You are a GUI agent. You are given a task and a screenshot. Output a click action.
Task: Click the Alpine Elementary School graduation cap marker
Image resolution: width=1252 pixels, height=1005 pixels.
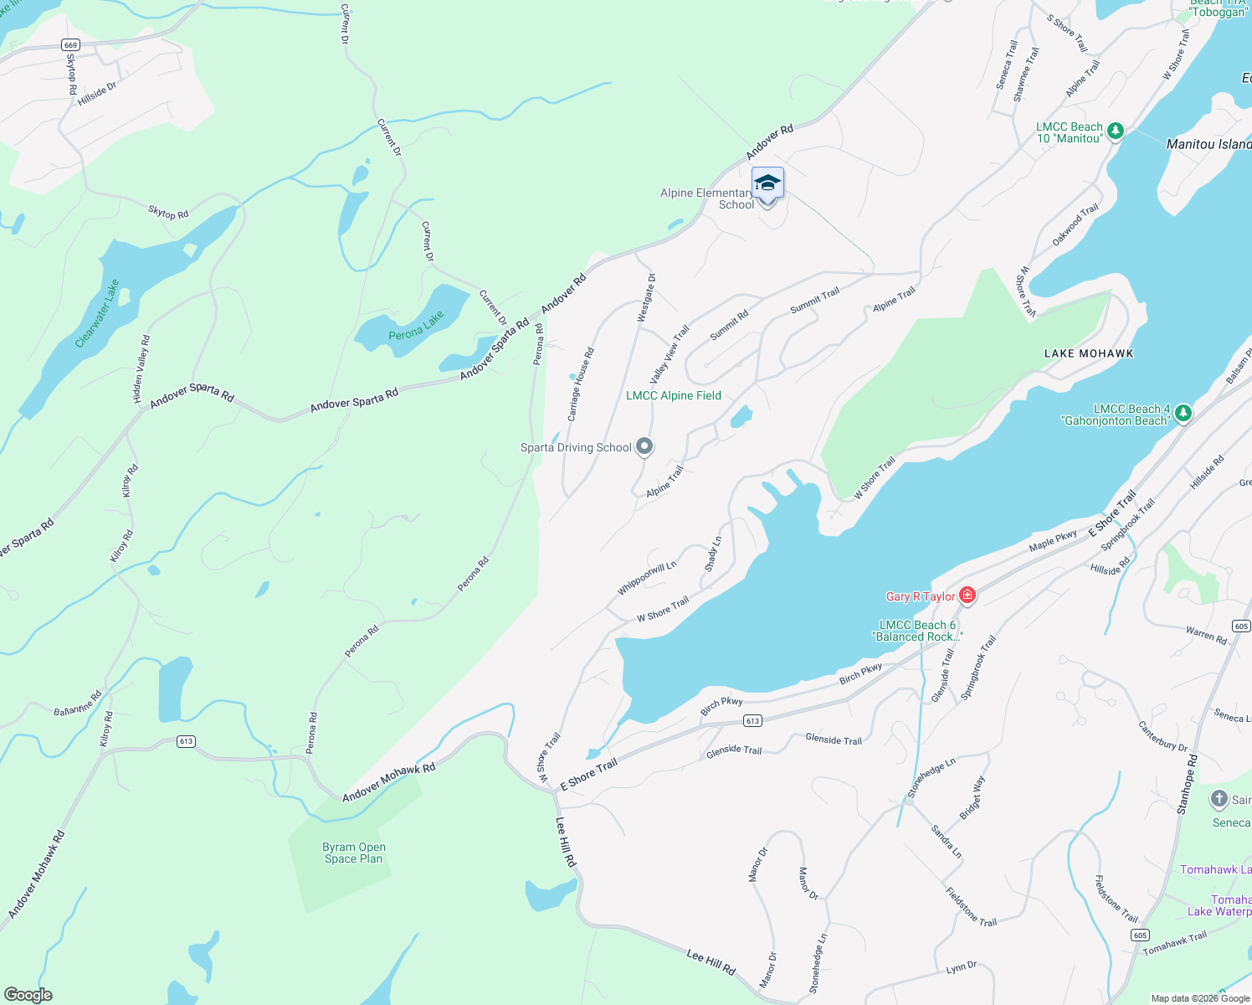[767, 183]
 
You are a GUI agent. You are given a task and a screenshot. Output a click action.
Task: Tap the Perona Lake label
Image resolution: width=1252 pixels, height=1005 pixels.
[416, 326]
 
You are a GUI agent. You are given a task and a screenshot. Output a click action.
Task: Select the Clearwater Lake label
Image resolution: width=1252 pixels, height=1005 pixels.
[98, 313]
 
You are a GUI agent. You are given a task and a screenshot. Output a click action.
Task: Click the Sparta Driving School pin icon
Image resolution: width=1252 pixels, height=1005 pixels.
[644, 446]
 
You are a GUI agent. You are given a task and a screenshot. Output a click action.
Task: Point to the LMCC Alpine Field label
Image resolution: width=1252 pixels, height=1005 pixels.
[674, 395]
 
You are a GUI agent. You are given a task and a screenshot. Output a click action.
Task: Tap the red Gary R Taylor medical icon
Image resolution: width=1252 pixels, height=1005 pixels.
[967, 595]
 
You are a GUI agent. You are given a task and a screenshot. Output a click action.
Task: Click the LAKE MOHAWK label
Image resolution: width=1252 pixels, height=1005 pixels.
[1089, 353]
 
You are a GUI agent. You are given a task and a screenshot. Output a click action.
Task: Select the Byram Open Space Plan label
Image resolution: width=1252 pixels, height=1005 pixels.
[354, 853]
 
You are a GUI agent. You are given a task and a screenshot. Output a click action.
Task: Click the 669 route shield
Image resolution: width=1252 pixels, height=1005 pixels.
[70, 45]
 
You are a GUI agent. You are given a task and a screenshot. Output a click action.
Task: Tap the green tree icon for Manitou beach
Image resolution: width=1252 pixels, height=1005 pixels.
[1115, 131]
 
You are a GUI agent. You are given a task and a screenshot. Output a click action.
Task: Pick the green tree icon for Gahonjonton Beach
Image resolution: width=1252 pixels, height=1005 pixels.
[1183, 412]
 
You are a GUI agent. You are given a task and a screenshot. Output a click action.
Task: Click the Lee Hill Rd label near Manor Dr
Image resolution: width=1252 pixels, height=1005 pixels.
[711, 961]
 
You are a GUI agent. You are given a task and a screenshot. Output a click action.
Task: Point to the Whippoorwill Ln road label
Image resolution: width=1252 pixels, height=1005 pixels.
[647, 578]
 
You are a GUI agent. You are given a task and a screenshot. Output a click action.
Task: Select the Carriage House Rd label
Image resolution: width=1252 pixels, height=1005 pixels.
[581, 384]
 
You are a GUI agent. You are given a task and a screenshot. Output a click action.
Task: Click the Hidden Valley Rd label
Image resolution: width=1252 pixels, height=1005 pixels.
[142, 369]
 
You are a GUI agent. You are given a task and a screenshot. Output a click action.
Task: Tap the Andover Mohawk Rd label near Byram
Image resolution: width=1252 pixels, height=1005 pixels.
[389, 782]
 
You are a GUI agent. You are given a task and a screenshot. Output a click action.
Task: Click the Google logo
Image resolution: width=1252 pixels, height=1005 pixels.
[28, 995]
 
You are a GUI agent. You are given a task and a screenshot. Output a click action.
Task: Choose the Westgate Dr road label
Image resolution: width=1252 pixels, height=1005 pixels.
[646, 297]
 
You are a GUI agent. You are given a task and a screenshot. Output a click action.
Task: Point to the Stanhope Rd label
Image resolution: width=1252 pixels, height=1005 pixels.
[1188, 784]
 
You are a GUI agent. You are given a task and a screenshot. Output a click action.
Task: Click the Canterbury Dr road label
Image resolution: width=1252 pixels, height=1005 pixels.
[1163, 735]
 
